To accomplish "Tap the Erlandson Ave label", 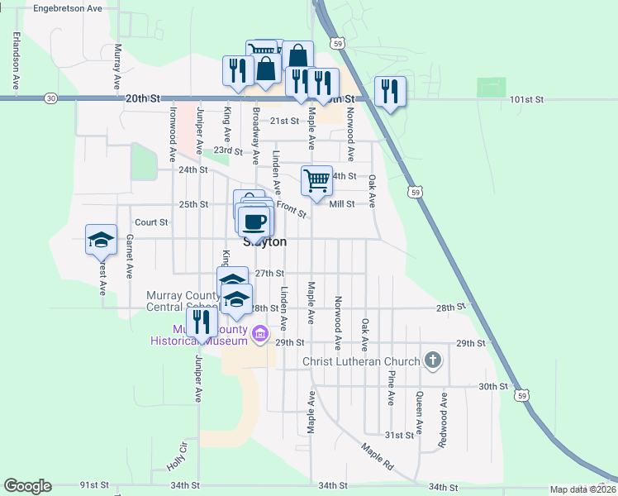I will click(16, 60).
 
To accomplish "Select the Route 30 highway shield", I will click(51, 98).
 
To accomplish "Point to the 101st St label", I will click(526, 99).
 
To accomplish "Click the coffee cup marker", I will click(254, 222).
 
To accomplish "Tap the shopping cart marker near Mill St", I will click(316, 181).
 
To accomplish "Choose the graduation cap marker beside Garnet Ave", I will click(101, 240).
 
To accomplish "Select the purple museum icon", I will click(261, 334).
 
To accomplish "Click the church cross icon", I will click(432, 360).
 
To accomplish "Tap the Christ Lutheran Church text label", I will click(362, 361).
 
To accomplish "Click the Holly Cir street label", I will click(177, 455).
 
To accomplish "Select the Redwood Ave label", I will click(443, 421).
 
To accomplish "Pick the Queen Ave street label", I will click(419, 413).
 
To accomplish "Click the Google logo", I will click(27, 486).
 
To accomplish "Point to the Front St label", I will click(291, 210).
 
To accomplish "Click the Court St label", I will click(151, 222).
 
